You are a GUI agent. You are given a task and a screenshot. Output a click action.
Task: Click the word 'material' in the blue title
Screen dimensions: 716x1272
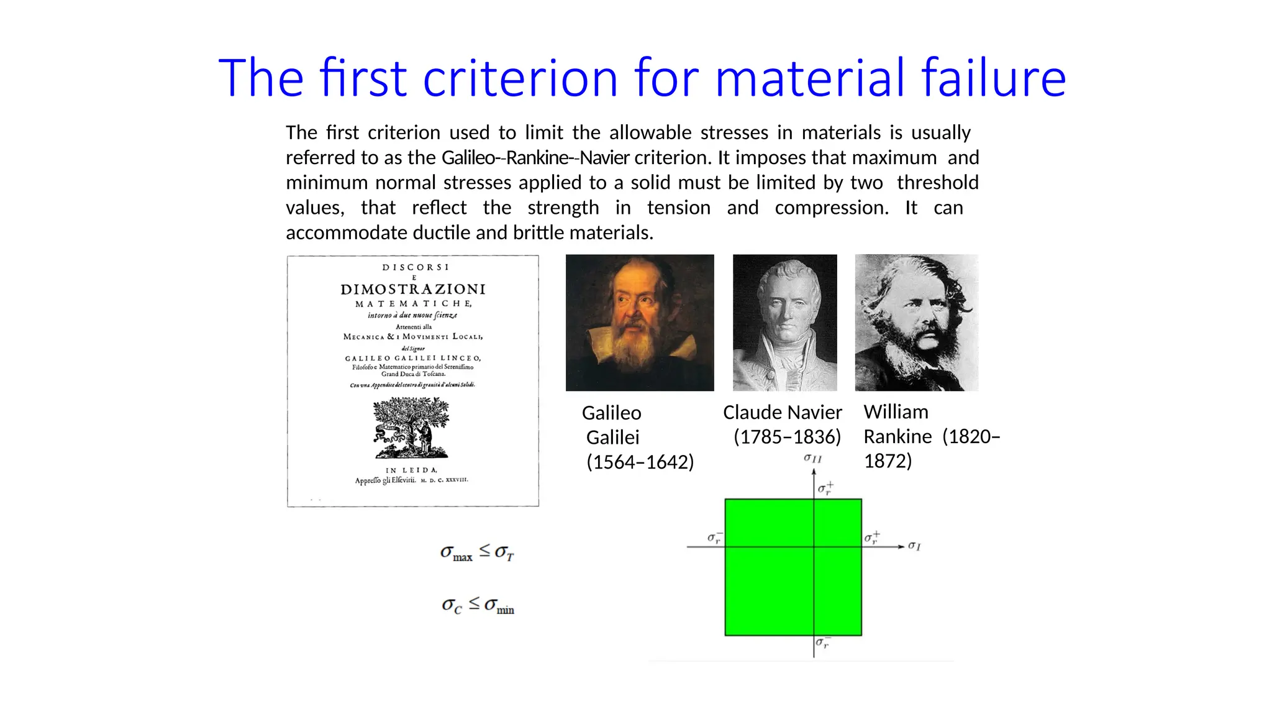(x=811, y=78)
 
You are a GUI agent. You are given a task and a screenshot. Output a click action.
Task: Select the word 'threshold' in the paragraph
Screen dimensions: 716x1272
(x=937, y=183)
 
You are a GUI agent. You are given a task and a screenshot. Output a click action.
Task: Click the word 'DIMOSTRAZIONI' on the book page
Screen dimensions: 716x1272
(x=413, y=289)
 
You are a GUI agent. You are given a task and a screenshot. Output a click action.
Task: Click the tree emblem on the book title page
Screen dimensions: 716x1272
(x=411, y=428)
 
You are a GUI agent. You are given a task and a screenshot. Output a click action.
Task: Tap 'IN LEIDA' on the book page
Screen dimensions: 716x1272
(x=412, y=470)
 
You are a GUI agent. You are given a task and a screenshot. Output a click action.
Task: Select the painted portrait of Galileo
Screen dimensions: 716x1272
(x=640, y=323)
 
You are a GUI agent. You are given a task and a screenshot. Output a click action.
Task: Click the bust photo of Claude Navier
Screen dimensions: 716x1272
(x=784, y=323)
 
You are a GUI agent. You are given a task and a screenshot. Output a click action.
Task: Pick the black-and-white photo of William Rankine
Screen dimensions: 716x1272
(x=916, y=323)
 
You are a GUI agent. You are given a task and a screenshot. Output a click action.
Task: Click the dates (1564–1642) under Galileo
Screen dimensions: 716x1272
(x=640, y=462)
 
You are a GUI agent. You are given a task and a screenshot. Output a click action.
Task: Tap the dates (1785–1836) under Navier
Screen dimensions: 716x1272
(x=787, y=437)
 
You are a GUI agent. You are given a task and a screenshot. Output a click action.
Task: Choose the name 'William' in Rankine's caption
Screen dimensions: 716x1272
(x=896, y=412)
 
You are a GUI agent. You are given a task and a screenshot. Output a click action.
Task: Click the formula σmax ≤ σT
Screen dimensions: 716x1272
(x=477, y=552)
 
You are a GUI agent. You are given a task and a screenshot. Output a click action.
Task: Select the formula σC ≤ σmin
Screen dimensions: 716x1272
(x=478, y=605)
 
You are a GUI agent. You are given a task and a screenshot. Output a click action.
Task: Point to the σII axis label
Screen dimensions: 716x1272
(x=812, y=459)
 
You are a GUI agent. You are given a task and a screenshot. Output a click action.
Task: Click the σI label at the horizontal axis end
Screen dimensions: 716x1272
(x=914, y=546)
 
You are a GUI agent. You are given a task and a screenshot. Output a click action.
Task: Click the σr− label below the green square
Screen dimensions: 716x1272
(x=823, y=643)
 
